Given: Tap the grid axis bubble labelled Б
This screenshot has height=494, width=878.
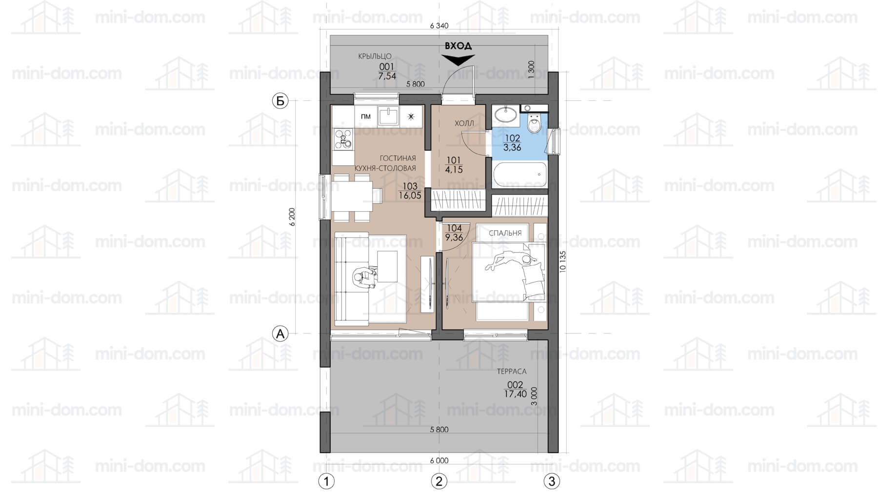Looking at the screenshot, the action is (280, 101).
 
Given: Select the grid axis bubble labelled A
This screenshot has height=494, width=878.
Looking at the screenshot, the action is (280, 334).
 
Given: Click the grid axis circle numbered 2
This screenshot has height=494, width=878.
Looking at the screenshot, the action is (439, 481).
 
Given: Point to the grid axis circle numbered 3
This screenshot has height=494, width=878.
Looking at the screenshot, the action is (552, 481).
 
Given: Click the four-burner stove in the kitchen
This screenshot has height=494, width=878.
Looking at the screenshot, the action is (343, 139).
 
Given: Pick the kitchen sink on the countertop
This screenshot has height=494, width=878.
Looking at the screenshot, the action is (388, 116).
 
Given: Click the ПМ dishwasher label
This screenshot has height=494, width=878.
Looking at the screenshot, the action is (365, 117).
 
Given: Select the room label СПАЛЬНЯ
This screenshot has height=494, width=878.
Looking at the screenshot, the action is (506, 233).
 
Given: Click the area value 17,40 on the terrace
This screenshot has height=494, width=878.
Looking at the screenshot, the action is (516, 394).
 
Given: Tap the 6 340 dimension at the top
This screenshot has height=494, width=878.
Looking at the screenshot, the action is (439, 26).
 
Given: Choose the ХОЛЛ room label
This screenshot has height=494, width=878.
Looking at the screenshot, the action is (464, 123).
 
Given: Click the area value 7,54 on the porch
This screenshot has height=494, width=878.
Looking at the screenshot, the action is (387, 76).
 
